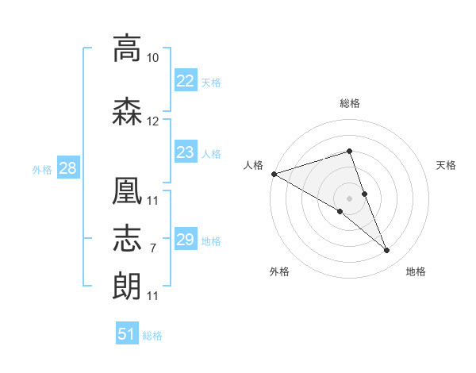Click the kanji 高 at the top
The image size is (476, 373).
(127, 48)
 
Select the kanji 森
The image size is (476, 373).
(127, 111)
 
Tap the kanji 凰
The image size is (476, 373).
(127, 190)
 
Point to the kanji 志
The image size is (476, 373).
(127, 238)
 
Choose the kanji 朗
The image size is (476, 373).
(127, 286)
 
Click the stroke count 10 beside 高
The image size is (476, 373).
(152, 58)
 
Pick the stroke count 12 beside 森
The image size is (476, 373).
(152, 121)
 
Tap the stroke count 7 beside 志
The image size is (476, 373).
(153, 248)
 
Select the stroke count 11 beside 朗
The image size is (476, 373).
(152, 296)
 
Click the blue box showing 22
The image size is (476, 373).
(186, 80)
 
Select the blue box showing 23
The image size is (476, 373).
(186, 152)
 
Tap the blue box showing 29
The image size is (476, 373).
(186, 238)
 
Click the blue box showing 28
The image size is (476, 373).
(68, 167)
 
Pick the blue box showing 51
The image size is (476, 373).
(127, 333)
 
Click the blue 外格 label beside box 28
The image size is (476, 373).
(42, 170)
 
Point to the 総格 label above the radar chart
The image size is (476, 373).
(350, 103)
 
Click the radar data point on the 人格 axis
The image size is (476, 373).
(274, 174)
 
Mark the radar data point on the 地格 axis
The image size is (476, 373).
(387, 250)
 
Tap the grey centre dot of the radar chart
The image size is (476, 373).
(349, 198)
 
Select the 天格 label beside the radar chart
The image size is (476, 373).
(446, 165)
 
